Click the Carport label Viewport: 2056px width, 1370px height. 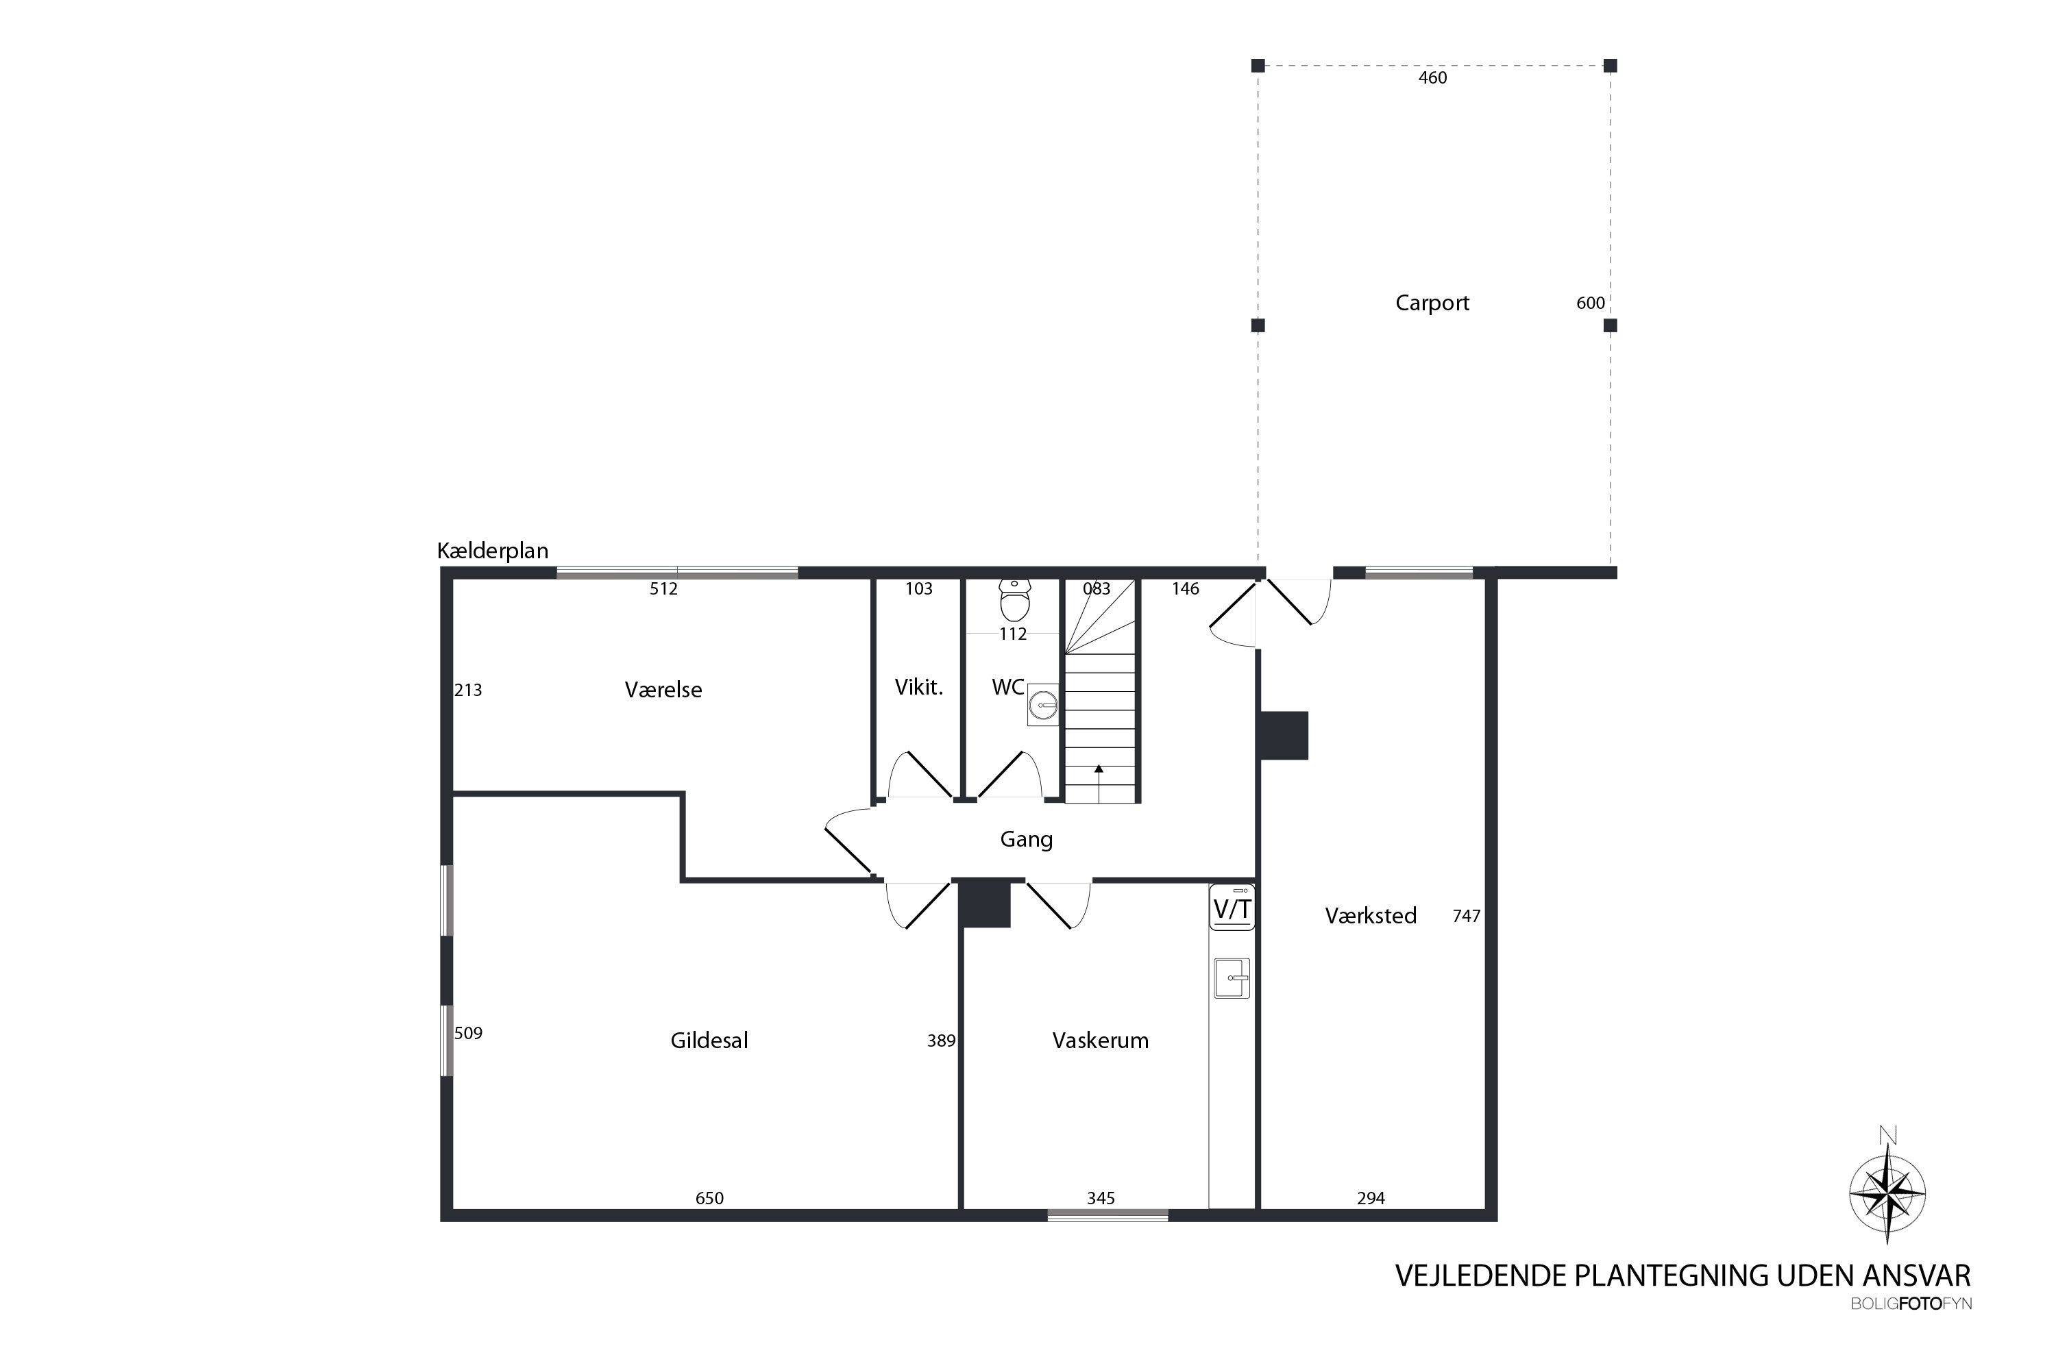(1432, 303)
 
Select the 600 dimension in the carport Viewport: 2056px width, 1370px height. (1590, 303)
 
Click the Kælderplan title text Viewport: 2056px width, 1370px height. (492, 551)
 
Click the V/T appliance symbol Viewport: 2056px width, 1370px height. (1232, 908)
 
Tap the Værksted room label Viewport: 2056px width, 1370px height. (1370, 916)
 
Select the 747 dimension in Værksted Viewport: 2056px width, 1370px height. (1466, 916)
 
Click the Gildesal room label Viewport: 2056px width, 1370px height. (709, 1041)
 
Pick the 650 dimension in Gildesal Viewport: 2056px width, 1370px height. (709, 1198)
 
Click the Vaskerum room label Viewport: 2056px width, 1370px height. (1100, 1041)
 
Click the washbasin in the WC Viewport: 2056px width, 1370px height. (1043, 703)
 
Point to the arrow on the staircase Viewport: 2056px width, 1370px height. (1098, 770)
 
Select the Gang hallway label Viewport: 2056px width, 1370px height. (1025, 840)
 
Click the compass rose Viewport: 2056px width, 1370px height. (1887, 1193)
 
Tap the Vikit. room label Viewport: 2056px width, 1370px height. (919, 688)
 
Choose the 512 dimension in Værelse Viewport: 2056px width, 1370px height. (663, 589)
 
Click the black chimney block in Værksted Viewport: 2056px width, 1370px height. (1282, 736)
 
